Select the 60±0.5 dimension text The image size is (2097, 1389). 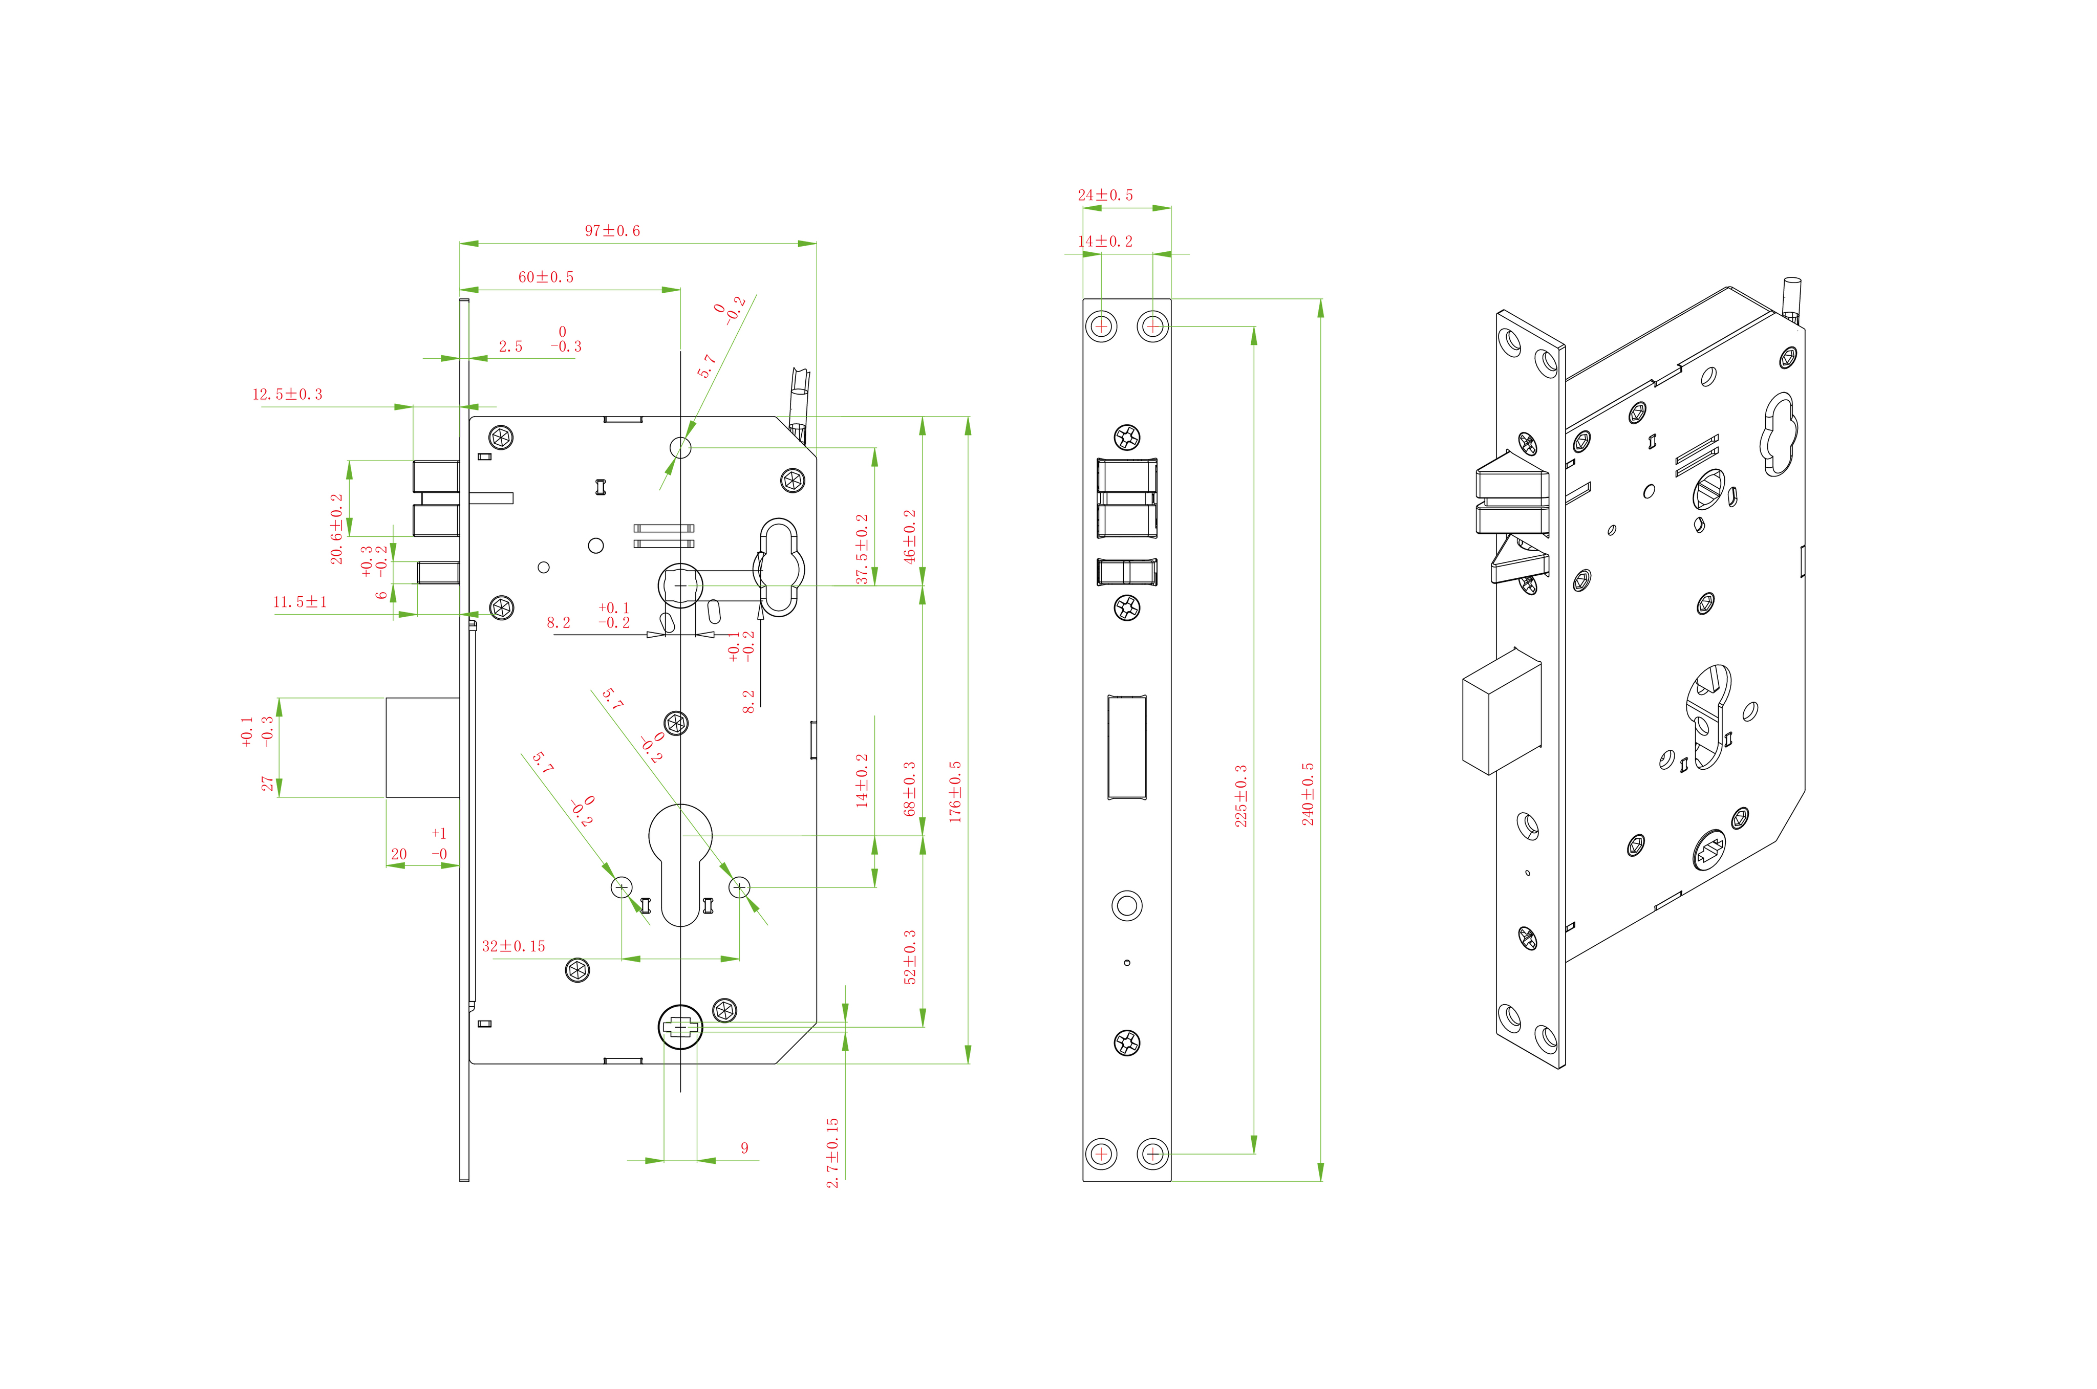tap(546, 277)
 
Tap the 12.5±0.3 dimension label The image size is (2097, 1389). tap(287, 394)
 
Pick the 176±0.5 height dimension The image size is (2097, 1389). tap(954, 791)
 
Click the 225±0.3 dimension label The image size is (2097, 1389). tap(1240, 795)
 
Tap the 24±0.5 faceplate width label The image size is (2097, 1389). tap(1105, 195)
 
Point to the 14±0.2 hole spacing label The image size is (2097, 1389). tap(1105, 241)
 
